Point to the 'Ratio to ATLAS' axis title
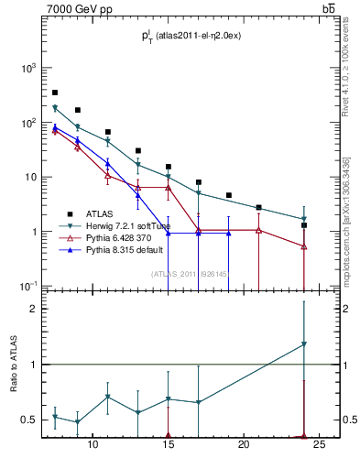pyautogui.click(x=12, y=365)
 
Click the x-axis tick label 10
pyautogui.click(x=93, y=446)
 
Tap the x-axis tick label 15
pyautogui.click(x=169, y=446)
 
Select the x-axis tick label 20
pyautogui.click(x=244, y=446)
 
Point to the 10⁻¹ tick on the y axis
pyautogui.click(x=28, y=287)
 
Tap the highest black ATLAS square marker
pyautogui.click(x=55, y=93)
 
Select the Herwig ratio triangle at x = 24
pyautogui.click(x=304, y=344)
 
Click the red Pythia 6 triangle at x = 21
pyautogui.click(x=259, y=230)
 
